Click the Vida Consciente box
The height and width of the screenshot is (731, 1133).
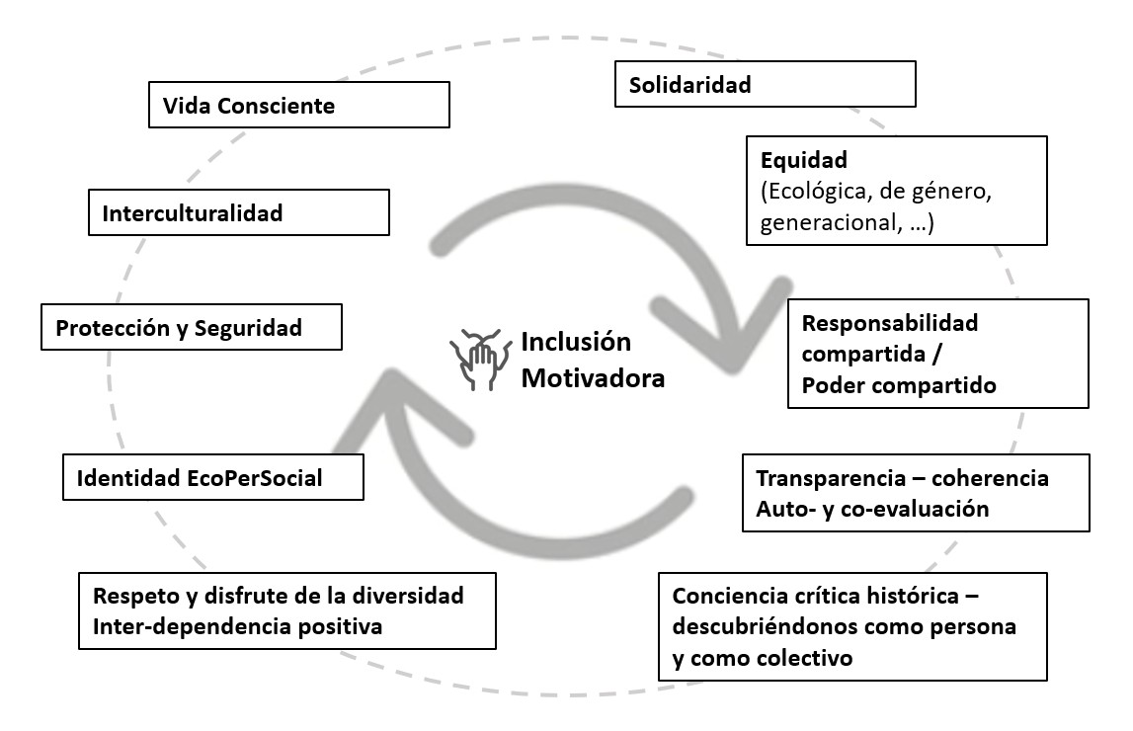[299, 105]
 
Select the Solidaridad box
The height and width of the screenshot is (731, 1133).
[766, 84]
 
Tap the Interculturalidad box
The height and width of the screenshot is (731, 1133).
[238, 212]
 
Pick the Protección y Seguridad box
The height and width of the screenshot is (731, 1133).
[192, 327]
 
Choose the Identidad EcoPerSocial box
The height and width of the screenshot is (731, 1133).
[213, 477]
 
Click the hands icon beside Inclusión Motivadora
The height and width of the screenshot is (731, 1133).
[475, 359]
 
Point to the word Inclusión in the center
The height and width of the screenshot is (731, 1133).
[576, 341]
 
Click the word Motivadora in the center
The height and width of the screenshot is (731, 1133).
[593, 377]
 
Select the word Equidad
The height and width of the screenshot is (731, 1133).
[803, 160]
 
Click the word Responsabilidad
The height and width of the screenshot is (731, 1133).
[889, 322]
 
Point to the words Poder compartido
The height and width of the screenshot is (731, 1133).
[899, 385]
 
